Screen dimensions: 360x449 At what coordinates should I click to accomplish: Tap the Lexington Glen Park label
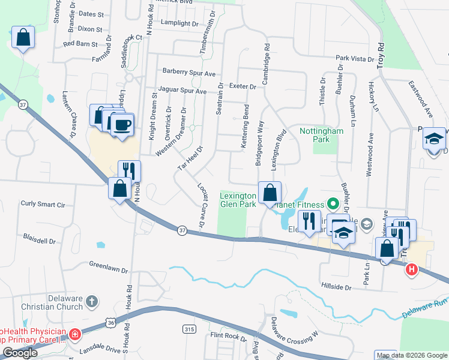tap(239, 200)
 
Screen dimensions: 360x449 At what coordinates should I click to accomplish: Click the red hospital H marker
tap(412, 270)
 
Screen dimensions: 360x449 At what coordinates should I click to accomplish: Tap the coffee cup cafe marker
tap(122, 125)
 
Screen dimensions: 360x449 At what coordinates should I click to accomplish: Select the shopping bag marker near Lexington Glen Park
tap(270, 193)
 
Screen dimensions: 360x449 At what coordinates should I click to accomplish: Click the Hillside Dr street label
tap(336, 287)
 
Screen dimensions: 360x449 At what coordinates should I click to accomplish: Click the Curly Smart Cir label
tap(43, 204)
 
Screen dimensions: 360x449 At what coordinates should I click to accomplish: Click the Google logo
tap(21, 352)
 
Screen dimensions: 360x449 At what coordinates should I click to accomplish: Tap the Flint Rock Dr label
tap(228, 335)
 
